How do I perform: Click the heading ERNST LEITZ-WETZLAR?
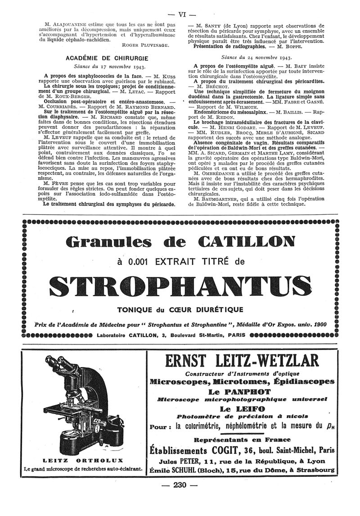(x=242, y=361)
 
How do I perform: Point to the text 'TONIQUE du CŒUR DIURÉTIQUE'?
(x=180, y=309)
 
